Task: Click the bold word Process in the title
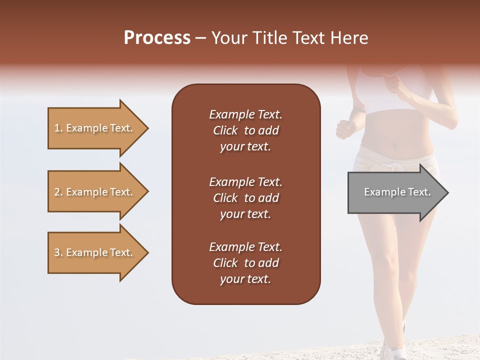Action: [x=157, y=38]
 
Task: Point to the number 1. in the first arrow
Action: [x=58, y=128]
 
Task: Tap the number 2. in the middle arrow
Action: [x=58, y=192]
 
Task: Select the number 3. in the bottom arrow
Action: [x=58, y=252]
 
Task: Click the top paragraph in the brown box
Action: [x=245, y=130]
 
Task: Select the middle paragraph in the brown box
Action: [x=245, y=198]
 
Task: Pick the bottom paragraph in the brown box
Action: [x=245, y=263]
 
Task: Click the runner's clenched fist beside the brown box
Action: [x=345, y=129]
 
